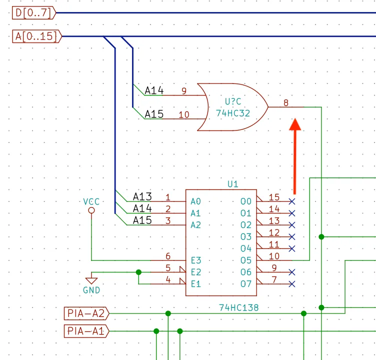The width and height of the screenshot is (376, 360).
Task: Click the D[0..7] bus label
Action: pos(34,12)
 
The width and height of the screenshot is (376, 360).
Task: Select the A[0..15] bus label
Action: pos(37,36)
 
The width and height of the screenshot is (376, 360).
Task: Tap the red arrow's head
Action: pos(295,124)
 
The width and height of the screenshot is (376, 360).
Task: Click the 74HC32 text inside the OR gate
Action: pos(233,113)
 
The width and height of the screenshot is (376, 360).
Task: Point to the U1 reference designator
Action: pos(233,184)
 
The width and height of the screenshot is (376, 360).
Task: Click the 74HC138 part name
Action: pos(239,307)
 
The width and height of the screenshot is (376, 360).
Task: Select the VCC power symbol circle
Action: pos(91,210)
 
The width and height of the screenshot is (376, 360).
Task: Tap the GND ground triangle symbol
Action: pos(91,280)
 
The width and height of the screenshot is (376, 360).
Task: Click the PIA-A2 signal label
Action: pos(86,313)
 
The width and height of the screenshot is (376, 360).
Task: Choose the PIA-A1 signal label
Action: pos(86,331)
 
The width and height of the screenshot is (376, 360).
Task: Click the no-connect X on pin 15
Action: pos(292,201)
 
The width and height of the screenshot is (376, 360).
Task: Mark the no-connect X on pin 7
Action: pos(292,284)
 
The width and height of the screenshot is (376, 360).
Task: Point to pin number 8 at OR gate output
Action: pos(286,103)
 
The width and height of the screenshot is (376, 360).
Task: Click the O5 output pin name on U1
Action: pos(246,260)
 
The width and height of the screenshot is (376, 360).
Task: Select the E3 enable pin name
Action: pos(196,260)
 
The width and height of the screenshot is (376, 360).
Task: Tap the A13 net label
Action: pos(142,196)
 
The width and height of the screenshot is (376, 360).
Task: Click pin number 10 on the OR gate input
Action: pos(184,114)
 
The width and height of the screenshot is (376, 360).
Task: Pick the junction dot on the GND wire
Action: pos(138,272)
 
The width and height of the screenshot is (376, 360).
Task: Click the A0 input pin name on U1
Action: pos(195,201)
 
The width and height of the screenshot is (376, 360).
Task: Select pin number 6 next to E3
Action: pos(168,256)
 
